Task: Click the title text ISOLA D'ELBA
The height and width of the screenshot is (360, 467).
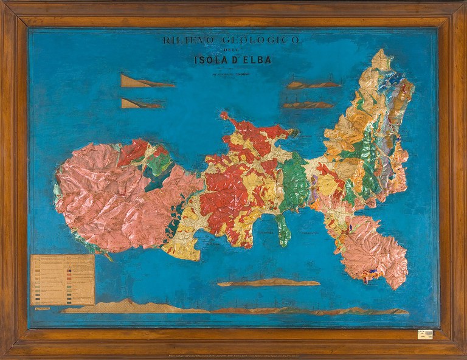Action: [x=231, y=60]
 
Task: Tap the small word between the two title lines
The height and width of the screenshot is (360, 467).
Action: [x=230, y=50]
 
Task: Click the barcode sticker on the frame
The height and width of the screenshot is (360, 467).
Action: [x=424, y=334]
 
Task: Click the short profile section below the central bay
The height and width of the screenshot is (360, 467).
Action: [x=268, y=283]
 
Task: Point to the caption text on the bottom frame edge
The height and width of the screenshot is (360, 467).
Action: [x=233, y=354]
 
